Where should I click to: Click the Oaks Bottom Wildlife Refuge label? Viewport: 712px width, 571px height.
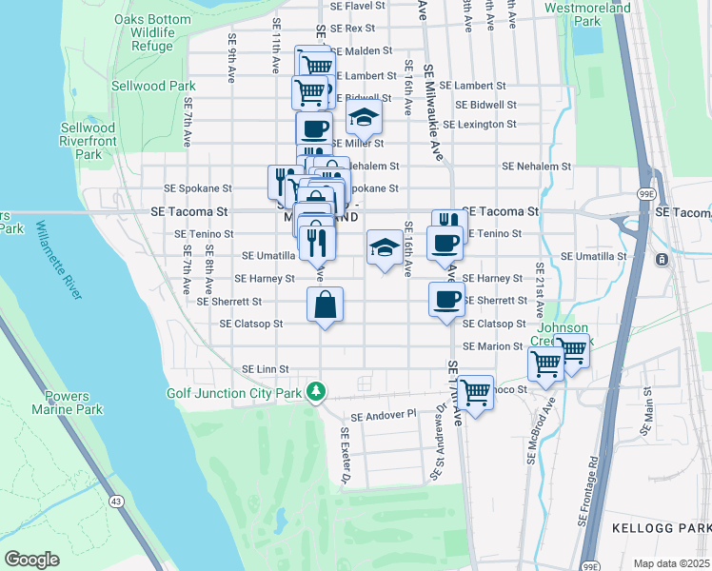[144, 32]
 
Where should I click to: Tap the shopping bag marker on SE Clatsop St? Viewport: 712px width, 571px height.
[325, 305]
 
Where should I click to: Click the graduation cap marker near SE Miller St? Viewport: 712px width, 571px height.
[363, 119]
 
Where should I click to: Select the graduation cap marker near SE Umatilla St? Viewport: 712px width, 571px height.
[384, 249]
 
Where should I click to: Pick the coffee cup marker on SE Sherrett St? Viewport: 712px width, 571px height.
[446, 301]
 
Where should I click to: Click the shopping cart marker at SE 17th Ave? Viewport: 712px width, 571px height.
[474, 391]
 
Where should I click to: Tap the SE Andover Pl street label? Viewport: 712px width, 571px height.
[384, 416]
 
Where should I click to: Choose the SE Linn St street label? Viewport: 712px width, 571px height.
[265, 368]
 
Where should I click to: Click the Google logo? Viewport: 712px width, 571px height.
[31, 559]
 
